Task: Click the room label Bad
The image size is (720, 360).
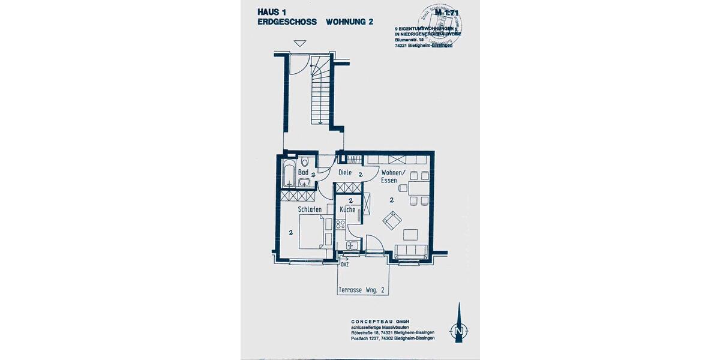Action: [303, 173]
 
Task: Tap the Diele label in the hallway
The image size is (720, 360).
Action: [345, 173]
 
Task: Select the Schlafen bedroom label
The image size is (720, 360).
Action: [310, 209]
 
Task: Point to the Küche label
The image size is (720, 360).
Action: [347, 210]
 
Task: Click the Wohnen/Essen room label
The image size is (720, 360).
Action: [393, 176]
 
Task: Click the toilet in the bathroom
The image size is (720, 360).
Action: [305, 161]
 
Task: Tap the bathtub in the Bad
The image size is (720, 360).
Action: [287, 173]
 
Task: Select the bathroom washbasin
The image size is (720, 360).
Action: [304, 182]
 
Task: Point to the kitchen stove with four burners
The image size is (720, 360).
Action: [340, 224]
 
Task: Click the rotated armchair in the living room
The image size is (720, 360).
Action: [392, 221]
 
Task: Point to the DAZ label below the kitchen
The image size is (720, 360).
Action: [344, 263]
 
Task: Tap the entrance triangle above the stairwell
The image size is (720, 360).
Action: [300, 43]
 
